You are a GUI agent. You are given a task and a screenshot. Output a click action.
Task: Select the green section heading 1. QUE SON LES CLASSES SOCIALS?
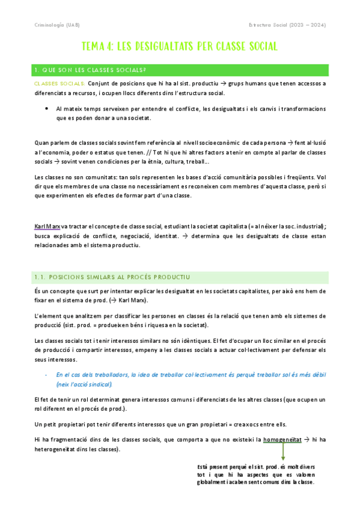tap(91, 70)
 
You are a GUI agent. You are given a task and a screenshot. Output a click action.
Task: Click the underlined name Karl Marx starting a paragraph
tap(47, 226)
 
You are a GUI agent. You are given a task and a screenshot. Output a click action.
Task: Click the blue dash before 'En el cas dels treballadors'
tap(46, 374)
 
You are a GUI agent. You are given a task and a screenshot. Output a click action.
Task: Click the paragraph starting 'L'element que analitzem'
tap(180, 320)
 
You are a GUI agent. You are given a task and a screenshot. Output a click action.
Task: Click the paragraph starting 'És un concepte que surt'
tap(180, 295)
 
